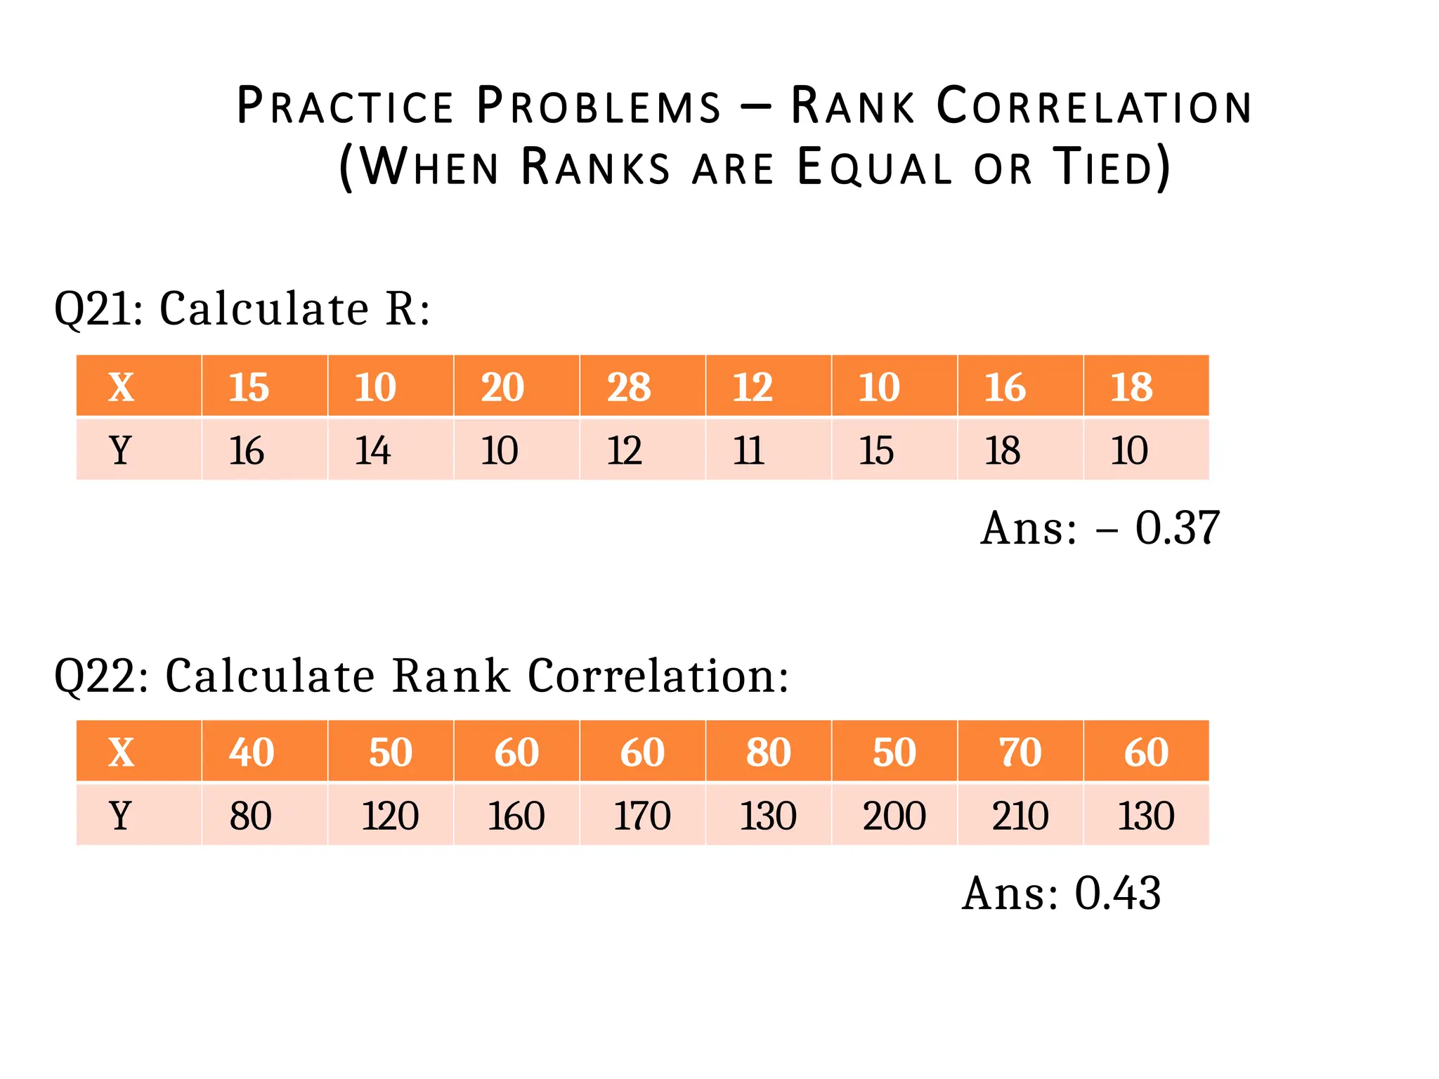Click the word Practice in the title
344,107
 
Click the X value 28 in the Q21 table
629,387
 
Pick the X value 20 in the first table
502,387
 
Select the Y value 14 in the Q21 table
372,450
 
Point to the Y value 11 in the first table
749,450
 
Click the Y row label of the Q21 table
121,450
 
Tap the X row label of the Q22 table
121,752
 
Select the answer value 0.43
1117,894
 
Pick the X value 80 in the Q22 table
768,752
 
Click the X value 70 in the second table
1020,752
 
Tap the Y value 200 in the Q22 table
894,816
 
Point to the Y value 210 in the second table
1020,816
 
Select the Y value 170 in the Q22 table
642,816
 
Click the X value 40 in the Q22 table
251,752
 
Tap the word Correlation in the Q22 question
658,676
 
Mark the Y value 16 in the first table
247,450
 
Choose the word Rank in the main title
853,107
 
